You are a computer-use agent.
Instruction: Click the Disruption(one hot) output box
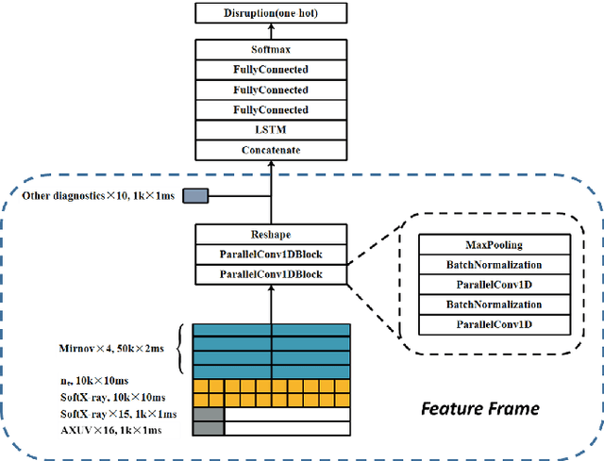tap(272, 13)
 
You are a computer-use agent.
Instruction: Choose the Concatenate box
tap(272, 151)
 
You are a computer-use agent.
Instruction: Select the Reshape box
tap(272, 234)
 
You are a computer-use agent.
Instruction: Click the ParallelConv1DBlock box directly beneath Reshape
tap(272, 254)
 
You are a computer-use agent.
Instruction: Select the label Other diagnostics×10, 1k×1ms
tap(100, 196)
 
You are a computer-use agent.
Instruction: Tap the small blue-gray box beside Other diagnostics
tap(195, 196)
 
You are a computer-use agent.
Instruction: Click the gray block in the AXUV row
tap(208, 429)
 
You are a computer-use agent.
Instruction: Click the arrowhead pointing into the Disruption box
tap(272, 28)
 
